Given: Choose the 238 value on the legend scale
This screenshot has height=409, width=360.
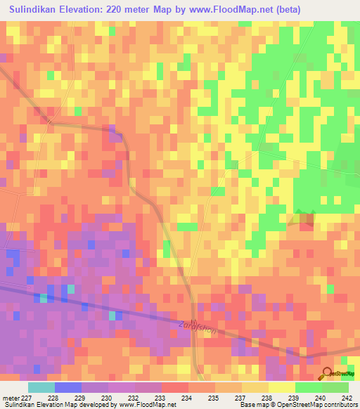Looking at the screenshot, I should click(262, 398).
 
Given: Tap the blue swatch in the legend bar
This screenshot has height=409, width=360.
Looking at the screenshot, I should click(67, 387).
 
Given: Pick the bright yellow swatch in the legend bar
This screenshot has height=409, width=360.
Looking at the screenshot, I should click(281, 387).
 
